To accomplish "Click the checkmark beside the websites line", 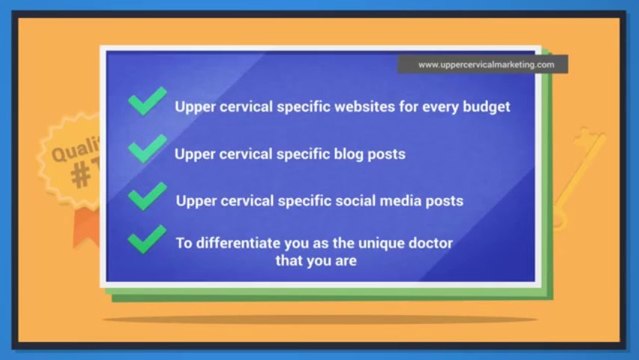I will [148, 100].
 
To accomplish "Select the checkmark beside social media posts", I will [148, 194].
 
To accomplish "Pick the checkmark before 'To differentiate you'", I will [148, 239].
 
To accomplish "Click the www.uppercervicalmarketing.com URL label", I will [486, 64].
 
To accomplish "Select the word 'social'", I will [345, 200].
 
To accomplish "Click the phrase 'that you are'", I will [316, 262].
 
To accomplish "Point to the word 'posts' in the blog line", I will [383, 154].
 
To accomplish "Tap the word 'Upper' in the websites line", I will [196, 106].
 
